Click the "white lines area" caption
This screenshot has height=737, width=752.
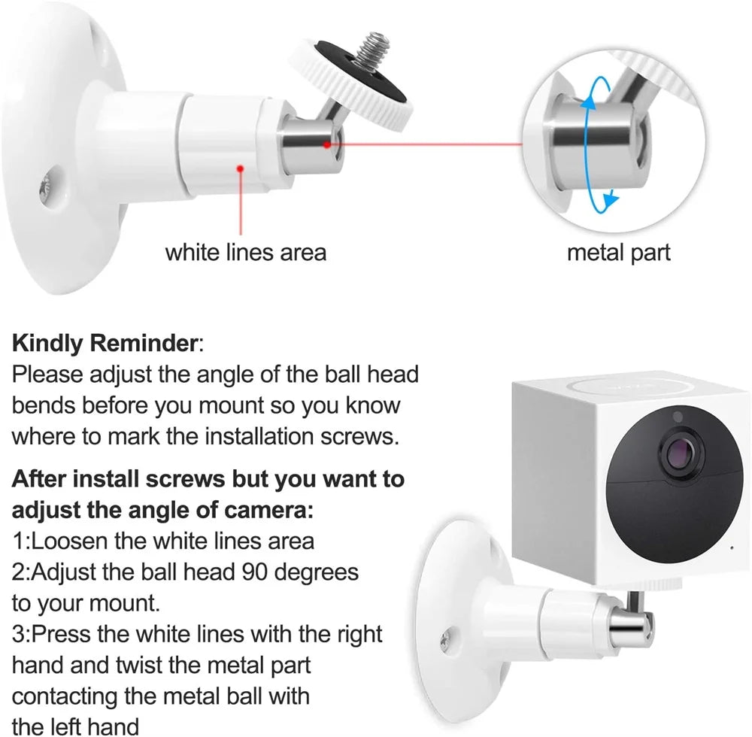tap(246, 252)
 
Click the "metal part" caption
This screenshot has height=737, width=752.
tap(617, 252)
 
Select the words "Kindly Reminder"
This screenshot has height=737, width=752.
tap(104, 344)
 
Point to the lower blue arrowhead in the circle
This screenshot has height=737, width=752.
tap(611, 200)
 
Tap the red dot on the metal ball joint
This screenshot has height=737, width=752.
tap(328, 143)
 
